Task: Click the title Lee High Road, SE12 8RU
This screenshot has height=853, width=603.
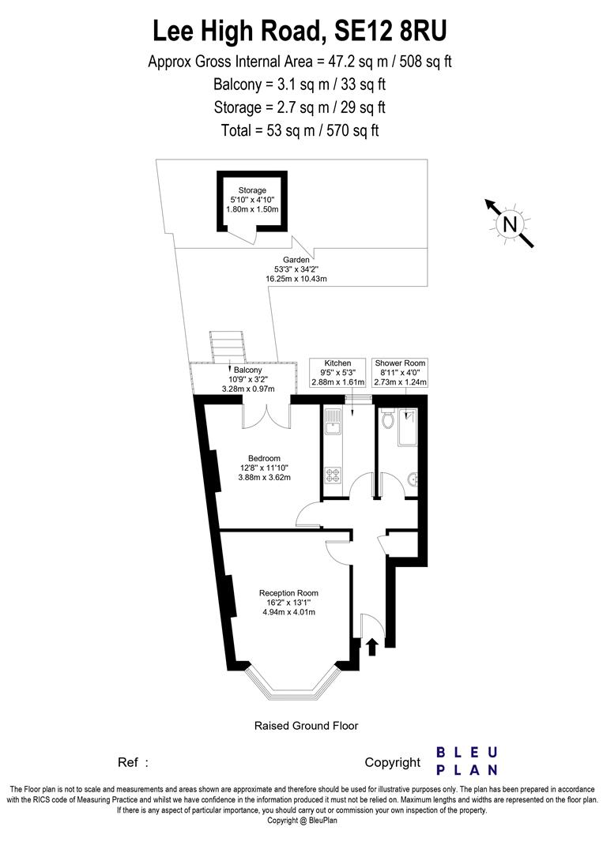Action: (300, 31)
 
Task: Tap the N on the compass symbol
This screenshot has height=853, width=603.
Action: (510, 224)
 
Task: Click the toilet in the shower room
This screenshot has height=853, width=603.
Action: (386, 419)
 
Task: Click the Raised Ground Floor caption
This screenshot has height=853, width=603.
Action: (306, 725)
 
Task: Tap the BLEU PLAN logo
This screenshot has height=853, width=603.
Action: (467, 761)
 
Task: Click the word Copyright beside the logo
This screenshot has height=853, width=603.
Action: (393, 762)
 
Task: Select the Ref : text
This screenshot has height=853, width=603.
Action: (133, 762)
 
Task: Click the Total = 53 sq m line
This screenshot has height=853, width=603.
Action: (300, 130)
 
